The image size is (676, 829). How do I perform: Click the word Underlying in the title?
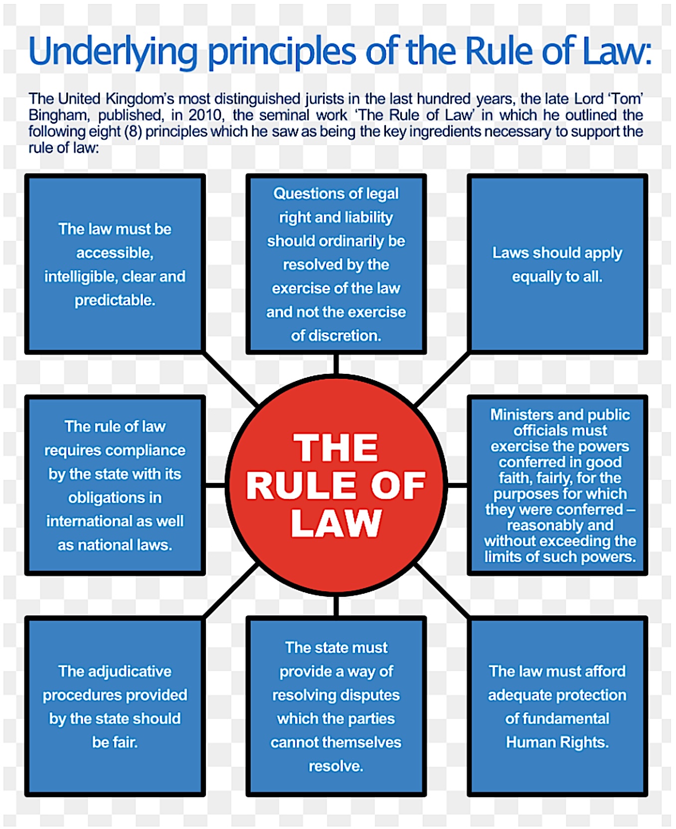click(x=113, y=52)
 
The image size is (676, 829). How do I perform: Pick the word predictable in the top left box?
click(x=115, y=300)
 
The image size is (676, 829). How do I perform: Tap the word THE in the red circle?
click(x=336, y=448)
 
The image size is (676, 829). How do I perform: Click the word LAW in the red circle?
click(x=336, y=523)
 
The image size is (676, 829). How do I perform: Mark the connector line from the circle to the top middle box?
click(x=336, y=364)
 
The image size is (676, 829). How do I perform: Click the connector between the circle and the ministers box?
click(x=457, y=485)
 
